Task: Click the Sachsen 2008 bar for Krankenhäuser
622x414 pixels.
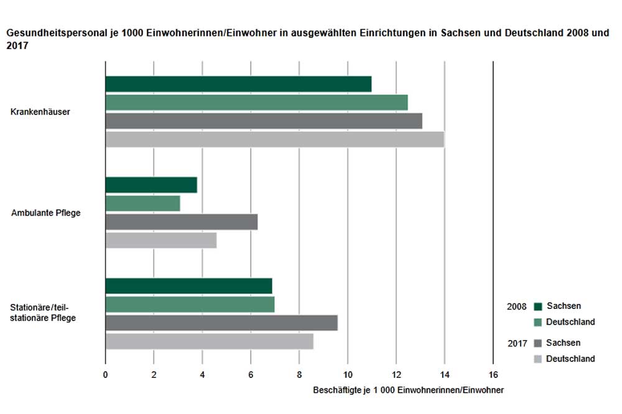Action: (238, 84)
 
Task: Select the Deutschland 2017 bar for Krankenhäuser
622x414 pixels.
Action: (274, 140)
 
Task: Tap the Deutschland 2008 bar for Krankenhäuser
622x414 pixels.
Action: (256, 103)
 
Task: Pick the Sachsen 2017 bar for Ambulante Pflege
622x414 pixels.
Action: (181, 222)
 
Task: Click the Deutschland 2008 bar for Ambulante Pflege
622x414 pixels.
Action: (142, 203)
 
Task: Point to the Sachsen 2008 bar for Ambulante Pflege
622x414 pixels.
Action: (151, 185)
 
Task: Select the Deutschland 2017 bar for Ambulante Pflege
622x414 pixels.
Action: (160, 241)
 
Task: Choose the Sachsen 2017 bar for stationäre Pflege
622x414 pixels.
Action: (221, 323)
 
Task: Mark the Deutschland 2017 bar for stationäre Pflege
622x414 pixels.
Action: (209, 342)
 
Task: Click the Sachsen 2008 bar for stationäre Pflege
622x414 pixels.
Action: (188, 286)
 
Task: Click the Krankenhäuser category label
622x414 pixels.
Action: (40, 113)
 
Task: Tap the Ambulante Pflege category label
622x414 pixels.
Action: (46, 213)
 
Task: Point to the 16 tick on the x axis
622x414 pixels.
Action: (493, 375)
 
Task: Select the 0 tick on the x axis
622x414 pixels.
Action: (106, 375)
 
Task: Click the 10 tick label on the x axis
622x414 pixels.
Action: (348, 375)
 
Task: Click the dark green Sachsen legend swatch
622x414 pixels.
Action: (538, 306)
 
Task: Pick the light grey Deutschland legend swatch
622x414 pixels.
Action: (538, 359)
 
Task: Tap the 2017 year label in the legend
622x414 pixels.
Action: (517, 343)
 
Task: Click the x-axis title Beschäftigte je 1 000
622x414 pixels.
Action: (408, 390)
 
